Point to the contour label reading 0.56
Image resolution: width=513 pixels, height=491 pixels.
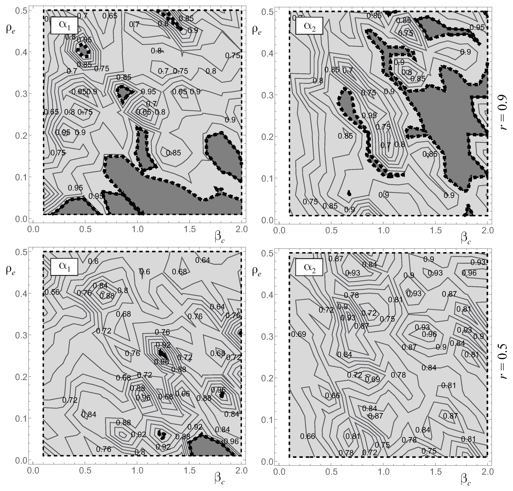point(52,292)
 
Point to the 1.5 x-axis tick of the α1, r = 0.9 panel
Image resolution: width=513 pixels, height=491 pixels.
point(190,229)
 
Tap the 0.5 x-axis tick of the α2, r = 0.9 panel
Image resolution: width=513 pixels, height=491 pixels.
point(331,231)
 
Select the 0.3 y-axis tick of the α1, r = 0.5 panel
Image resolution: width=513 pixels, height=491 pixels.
point(20,335)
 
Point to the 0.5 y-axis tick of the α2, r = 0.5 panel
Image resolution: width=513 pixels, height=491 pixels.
point(266,253)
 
